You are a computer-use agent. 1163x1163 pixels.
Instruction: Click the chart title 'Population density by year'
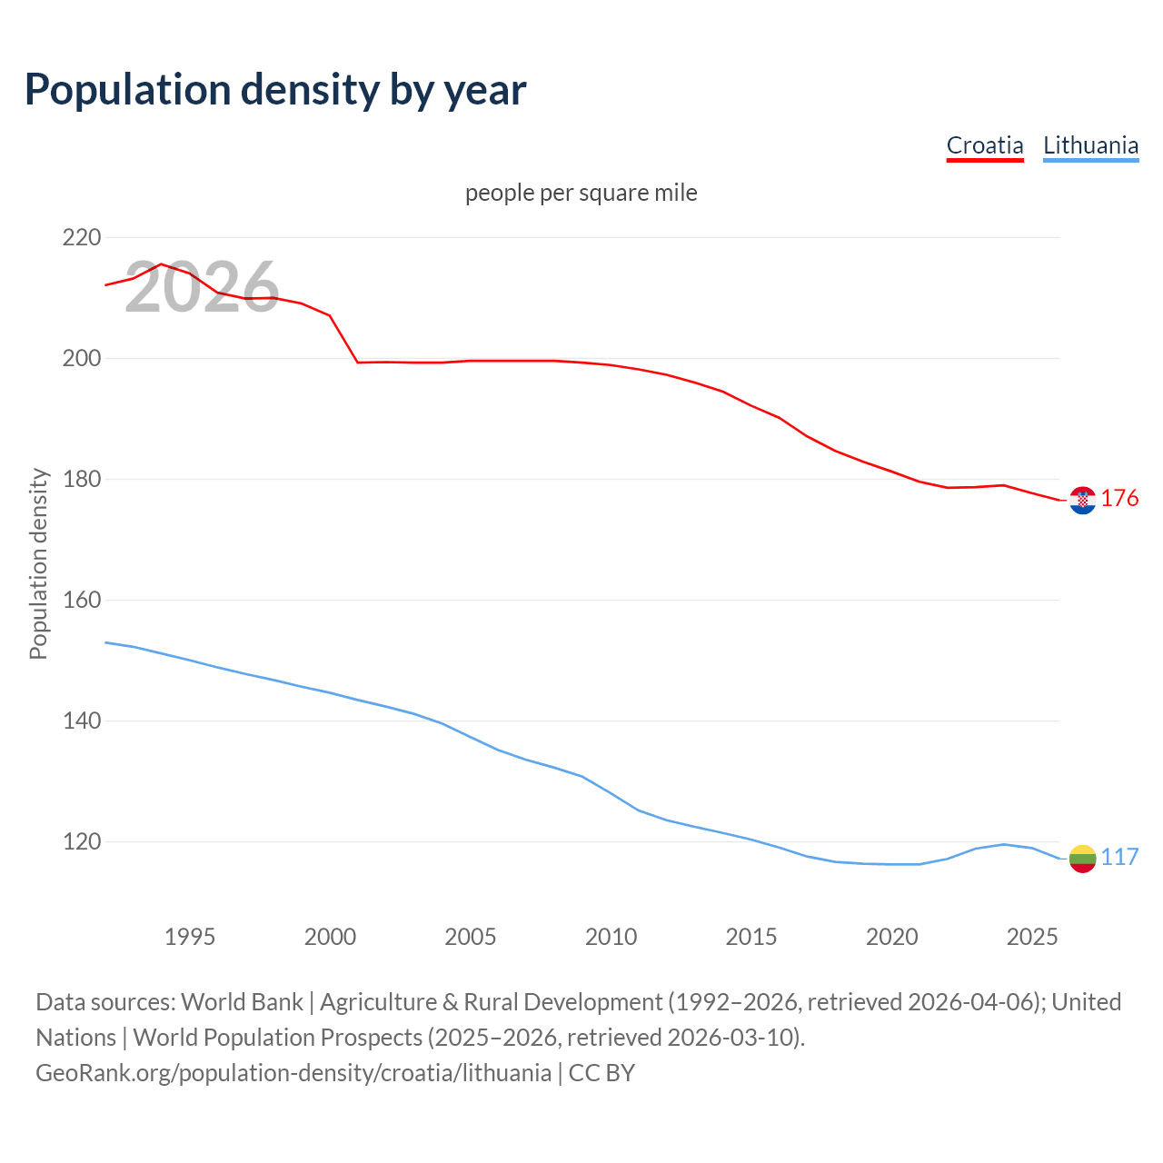point(275,89)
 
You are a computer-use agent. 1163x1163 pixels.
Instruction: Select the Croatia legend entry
point(985,145)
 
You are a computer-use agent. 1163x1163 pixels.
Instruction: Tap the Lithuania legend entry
point(1090,145)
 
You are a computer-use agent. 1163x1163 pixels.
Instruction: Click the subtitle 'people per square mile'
point(581,193)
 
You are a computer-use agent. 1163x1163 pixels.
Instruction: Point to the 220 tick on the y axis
point(82,237)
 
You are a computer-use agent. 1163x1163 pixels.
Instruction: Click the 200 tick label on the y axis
point(82,358)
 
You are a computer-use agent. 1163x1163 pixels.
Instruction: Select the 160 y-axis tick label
point(82,600)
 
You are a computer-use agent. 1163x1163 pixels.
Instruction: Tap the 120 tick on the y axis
point(82,841)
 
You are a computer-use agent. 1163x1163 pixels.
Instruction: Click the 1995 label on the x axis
point(189,937)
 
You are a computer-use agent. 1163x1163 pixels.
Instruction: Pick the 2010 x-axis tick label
point(611,937)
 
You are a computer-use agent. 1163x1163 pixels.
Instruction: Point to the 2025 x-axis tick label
point(1032,937)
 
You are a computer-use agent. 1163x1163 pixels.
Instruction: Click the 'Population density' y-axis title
point(38,563)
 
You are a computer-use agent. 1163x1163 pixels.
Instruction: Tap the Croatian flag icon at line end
point(1082,500)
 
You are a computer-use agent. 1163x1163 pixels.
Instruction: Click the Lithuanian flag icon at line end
point(1082,859)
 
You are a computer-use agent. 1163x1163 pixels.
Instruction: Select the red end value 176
point(1119,498)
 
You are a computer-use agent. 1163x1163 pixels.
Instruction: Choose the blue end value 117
point(1119,857)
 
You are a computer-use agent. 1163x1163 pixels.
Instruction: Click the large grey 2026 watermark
point(202,288)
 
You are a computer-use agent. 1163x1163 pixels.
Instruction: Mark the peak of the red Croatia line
point(161,263)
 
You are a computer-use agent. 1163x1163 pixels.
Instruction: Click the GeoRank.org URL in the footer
point(293,1073)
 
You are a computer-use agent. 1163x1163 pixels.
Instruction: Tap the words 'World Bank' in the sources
point(242,1002)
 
